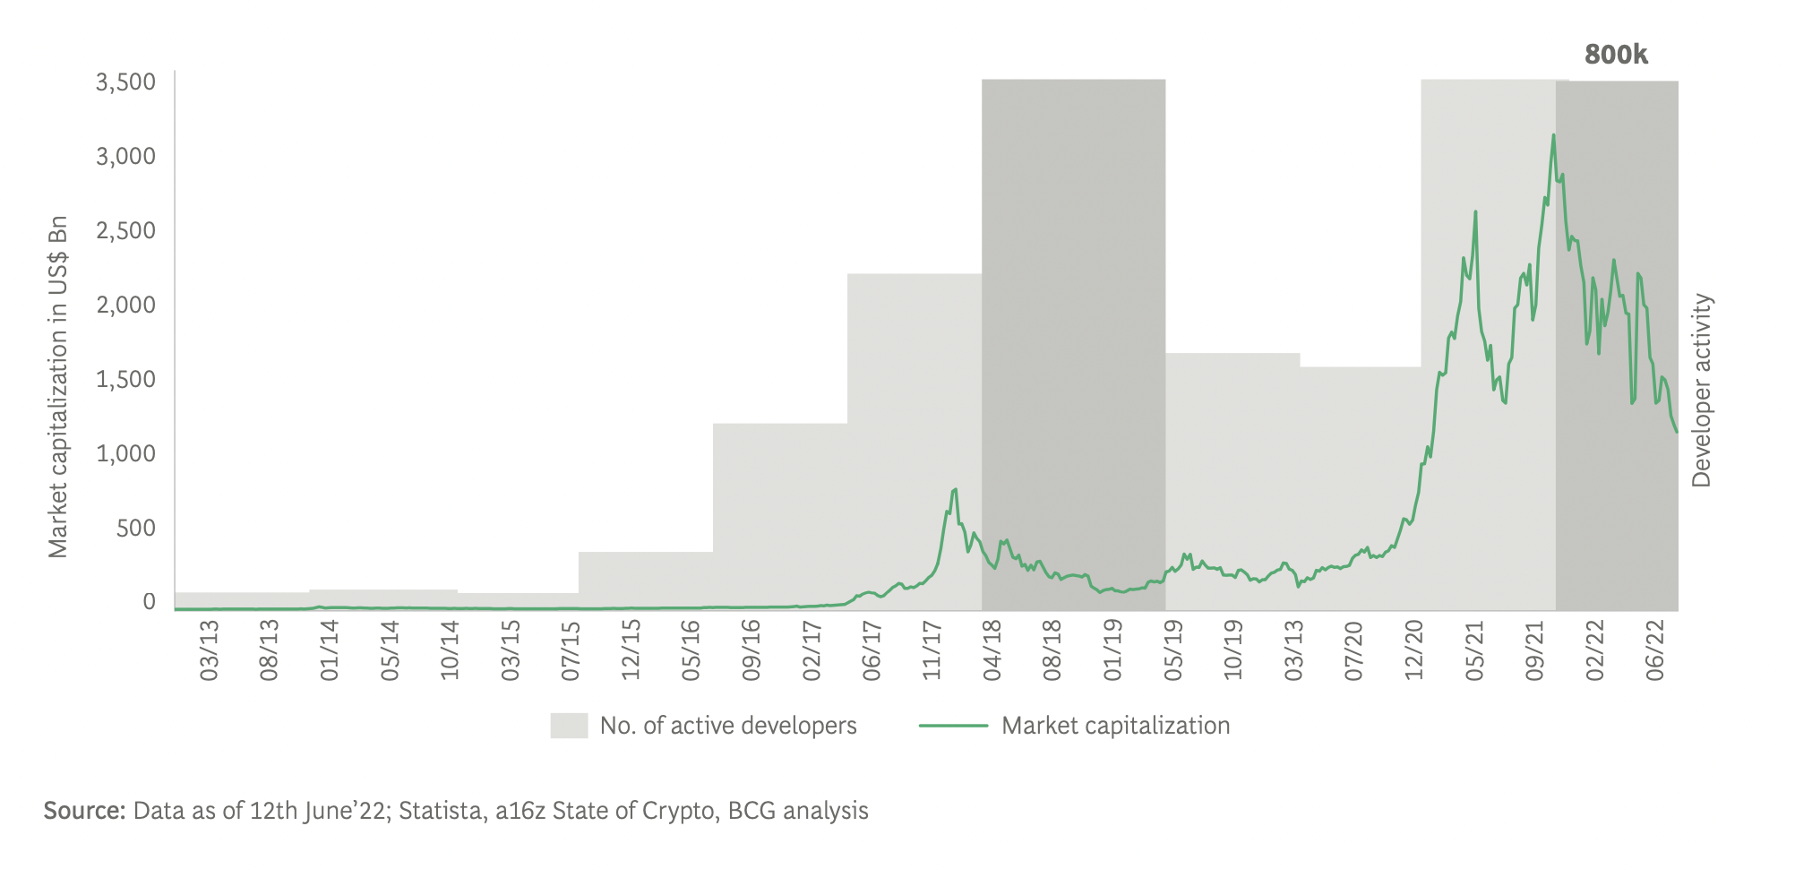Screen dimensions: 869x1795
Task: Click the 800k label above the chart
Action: point(1616,55)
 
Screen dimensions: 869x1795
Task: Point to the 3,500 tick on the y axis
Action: point(125,82)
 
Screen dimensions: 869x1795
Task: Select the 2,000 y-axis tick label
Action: point(125,305)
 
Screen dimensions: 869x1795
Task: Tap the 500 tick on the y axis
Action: point(136,529)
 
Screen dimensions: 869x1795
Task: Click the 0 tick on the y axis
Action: point(149,602)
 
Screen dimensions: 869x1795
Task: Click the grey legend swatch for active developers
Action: point(569,726)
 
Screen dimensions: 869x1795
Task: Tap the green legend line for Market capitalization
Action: point(953,726)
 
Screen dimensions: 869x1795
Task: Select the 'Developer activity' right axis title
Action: point(1701,391)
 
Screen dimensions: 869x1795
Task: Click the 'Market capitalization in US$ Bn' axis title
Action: point(58,387)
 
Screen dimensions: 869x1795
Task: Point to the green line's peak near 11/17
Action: point(955,489)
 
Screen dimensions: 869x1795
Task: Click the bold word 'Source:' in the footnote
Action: point(84,811)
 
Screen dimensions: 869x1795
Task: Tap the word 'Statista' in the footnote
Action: point(440,811)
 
